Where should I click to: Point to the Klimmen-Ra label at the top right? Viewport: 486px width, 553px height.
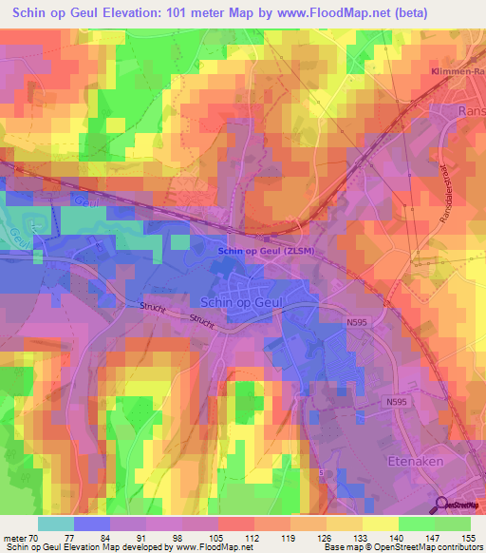point(456,72)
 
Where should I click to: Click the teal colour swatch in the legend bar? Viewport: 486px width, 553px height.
point(56,524)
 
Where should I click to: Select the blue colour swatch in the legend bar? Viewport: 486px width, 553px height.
point(92,524)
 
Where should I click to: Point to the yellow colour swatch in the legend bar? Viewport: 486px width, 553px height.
point(380,524)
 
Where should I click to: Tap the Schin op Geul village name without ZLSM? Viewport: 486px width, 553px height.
point(237,298)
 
